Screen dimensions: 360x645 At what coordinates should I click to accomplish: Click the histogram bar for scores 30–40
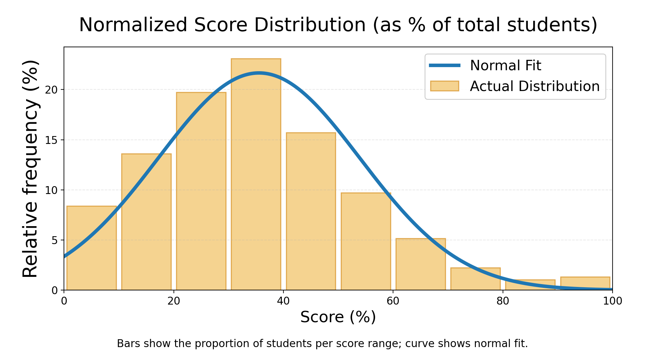tap(256, 176)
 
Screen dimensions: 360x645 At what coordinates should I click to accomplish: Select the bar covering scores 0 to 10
tap(91, 249)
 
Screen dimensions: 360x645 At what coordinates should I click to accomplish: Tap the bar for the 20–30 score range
tap(201, 192)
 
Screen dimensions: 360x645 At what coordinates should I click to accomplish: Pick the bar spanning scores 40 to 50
tap(311, 211)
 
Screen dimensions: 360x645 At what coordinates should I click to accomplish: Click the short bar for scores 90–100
tap(585, 283)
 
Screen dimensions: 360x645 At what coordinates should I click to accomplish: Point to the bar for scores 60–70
tap(420, 265)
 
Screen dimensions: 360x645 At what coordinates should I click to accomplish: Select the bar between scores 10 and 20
tap(146, 224)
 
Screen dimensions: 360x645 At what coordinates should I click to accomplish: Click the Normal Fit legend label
tap(505, 66)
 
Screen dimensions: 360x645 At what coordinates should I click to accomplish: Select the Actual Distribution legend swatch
tap(444, 86)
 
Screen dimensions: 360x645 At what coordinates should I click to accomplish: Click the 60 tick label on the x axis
tap(393, 301)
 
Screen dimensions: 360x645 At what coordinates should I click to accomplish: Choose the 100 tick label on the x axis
tap(612, 301)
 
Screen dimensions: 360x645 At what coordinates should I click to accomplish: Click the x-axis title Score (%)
tap(338, 317)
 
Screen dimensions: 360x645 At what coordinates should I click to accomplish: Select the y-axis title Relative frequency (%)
tap(31, 169)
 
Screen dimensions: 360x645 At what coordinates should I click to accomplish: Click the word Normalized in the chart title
tap(133, 25)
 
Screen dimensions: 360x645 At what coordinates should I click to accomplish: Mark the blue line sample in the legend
tap(444, 66)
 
